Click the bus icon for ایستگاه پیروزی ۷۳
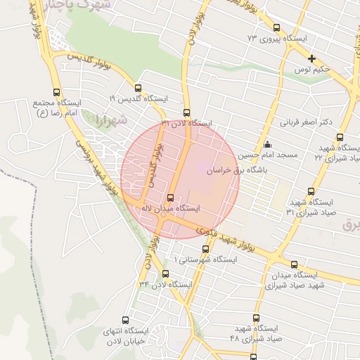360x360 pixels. coord(276,28)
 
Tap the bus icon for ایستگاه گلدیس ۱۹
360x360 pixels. coord(137,89)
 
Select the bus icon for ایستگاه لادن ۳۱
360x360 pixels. coord(186,112)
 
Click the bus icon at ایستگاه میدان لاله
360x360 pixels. coord(169,198)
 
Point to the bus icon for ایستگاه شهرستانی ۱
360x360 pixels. coord(206,249)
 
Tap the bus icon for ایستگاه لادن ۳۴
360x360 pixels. coord(165,274)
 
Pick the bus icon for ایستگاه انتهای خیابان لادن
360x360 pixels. coord(126,321)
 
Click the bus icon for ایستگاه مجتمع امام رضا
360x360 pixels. coord(57,92)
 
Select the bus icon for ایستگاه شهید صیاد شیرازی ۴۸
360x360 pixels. coord(256,318)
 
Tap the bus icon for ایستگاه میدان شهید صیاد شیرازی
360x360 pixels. coord(294,264)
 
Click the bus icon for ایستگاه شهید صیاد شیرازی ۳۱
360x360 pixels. coord(311,191)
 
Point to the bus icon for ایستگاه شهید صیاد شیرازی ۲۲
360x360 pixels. coord(340,138)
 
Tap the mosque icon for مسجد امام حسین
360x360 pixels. coord(266,145)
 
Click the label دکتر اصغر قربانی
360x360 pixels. coord(306,122)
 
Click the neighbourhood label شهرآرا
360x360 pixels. coord(112,120)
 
